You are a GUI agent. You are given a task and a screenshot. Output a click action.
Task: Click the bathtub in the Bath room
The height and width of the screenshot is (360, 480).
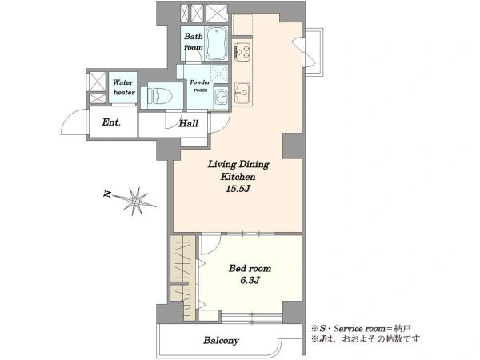pos(217,44)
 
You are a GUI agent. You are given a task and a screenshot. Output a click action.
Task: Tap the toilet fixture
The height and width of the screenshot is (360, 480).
pos(160,95)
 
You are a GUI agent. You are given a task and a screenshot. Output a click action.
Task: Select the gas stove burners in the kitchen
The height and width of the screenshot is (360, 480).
pos(242,51)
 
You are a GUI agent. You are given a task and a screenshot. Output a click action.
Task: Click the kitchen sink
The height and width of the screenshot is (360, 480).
pos(242,93)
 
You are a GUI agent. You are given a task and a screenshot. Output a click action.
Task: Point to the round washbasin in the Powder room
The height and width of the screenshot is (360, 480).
pos(221,97)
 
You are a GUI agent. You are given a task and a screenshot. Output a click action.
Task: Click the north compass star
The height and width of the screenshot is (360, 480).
pos(136,201)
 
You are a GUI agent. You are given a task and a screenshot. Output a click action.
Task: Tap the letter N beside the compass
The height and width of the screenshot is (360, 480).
pos(107,194)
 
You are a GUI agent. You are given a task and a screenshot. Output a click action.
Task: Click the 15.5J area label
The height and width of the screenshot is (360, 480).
pos(238,189)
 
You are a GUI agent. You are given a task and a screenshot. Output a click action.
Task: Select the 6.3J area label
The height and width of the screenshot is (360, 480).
pos(250,280)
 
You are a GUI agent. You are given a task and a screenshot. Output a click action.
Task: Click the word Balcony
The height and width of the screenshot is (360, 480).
pos(221,341)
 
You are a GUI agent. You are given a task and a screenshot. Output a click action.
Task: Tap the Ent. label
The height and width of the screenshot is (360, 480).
pos(111,122)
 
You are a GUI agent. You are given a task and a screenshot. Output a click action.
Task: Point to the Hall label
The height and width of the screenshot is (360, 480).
pos(188,124)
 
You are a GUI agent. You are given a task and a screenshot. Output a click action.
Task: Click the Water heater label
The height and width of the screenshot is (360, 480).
pos(123,87)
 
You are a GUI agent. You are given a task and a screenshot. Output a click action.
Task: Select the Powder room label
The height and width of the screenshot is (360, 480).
pos(200,86)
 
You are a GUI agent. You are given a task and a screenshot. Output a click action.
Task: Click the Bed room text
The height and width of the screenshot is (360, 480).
pos(250,269)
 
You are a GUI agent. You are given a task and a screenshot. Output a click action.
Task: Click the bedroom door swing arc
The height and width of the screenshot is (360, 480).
pos(215,247)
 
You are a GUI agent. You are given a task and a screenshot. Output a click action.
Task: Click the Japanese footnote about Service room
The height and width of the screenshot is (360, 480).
pos(361,329)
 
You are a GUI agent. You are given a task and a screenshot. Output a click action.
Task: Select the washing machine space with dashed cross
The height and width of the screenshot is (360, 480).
pos(220,74)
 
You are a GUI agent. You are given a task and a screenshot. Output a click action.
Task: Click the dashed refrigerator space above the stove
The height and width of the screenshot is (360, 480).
pos(242,24)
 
